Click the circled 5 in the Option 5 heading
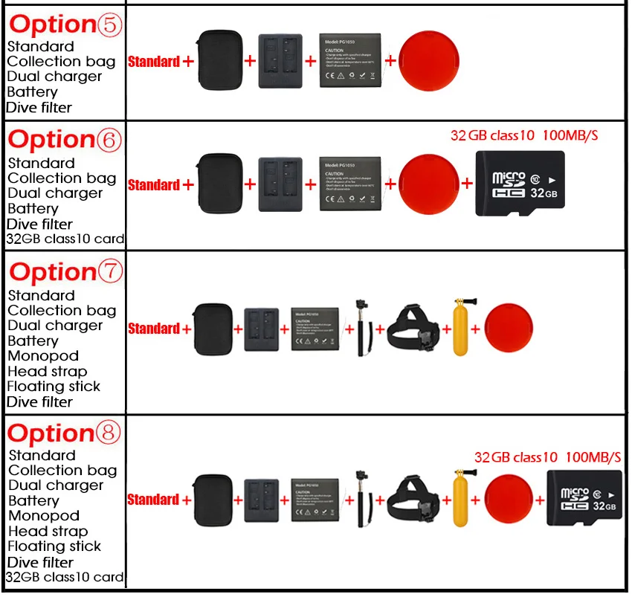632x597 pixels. pyautogui.click(x=108, y=25)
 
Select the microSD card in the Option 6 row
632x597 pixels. pyautogui.click(x=520, y=184)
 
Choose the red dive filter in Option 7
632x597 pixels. pyautogui.click(x=509, y=328)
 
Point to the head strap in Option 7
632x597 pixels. pyautogui.click(x=413, y=328)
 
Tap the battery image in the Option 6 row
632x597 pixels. pyautogui.click(x=349, y=184)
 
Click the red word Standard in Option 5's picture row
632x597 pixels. pyautogui.click(x=154, y=62)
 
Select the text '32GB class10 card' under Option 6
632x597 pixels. pyautogui.click(x=65, y=239)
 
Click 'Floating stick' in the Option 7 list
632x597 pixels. pyautogui.click(x=54, y=387)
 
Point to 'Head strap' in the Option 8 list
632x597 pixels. pyautogui.click(x=48, y=531)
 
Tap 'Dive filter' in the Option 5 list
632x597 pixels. pyautogui.click(x=39, y=108)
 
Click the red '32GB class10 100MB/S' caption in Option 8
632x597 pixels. pyautogui.click(x=547, y=456)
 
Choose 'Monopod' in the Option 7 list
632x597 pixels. pyautogui.click(x=43, y=356)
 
